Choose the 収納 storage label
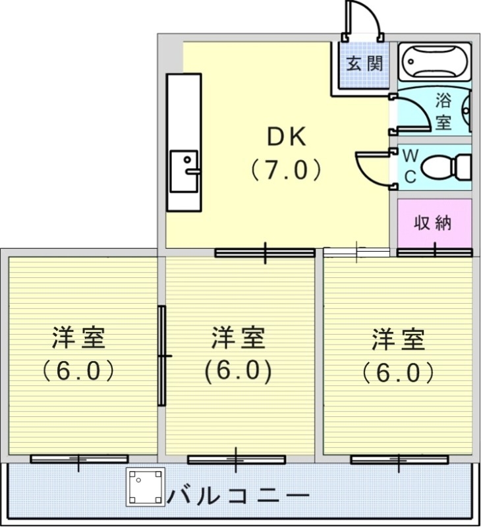point(433,223)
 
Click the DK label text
point(286,137)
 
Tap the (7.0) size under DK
point(286,171)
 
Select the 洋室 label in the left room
point(79,339)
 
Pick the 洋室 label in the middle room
point(238,339)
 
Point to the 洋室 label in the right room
point(398,339)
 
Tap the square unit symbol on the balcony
point(146,487)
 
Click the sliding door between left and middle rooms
point(161,356)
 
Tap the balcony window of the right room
point(399,459)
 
